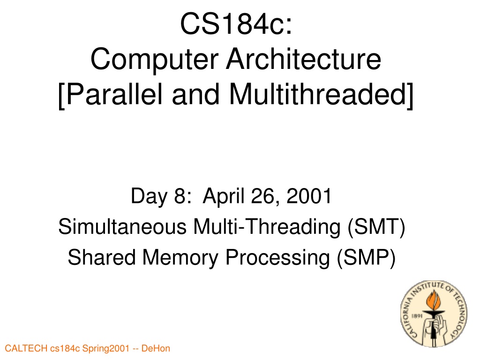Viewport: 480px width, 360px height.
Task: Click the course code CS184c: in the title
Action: point(236,24)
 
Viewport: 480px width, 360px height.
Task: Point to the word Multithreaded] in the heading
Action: point(321,95)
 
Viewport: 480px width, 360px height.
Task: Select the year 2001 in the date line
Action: point(309,196)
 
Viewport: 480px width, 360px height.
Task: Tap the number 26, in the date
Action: point(266,196)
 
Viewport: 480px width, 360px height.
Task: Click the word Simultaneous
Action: point(122,226)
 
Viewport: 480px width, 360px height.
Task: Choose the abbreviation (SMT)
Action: point(376,227)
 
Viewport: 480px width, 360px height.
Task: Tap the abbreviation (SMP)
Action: point(366,257)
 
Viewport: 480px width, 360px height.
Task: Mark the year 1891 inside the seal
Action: point(417,316)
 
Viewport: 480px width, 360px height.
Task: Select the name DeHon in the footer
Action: point(156,348)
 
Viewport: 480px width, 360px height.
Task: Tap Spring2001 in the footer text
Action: point(105,349)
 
